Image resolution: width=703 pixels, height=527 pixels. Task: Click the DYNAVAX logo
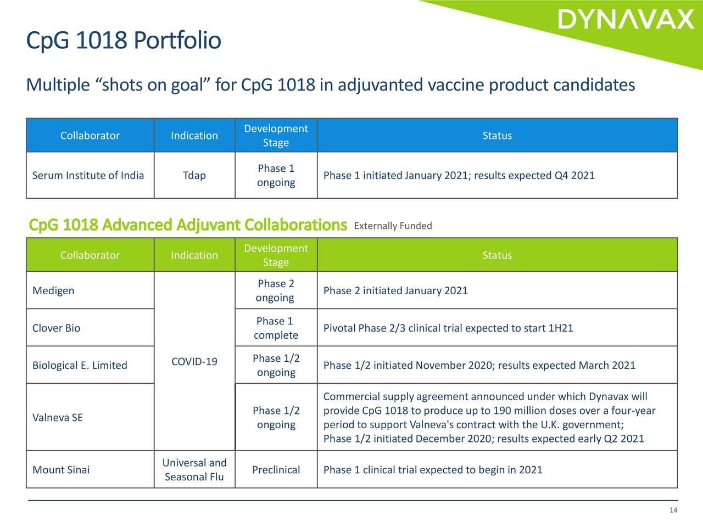coord(626,19)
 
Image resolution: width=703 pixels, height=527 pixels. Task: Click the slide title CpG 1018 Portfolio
coord(124,40)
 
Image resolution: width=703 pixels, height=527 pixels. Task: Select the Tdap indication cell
coord(194,176)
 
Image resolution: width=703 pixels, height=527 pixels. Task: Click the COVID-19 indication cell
coord(194,362)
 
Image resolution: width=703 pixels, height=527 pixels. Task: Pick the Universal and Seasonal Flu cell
coord(194,470)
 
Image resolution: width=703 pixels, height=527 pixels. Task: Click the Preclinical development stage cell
coord(276,470)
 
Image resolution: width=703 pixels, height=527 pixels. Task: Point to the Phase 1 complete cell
coord(276,328)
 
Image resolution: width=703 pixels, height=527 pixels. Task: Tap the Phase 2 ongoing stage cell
coord(276,290)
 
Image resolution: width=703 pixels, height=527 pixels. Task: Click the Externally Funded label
coord(393,226)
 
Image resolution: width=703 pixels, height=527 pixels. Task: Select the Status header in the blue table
coord(497,136)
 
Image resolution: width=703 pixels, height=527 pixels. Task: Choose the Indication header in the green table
coord(194,255)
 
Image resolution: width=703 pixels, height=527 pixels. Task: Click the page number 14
coord(673,510)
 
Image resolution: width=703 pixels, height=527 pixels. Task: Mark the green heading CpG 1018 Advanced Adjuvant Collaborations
coord(188,225)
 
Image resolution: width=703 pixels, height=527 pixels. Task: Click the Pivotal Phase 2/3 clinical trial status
coord(448,328)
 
